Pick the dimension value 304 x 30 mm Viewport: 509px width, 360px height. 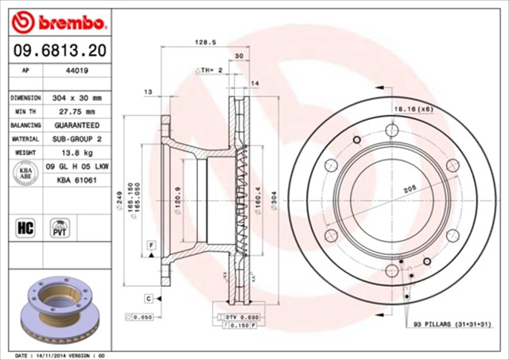76,97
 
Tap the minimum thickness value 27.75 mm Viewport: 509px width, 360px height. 76,111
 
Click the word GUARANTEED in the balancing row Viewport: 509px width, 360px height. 76,126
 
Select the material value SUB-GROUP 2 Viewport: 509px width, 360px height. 76,139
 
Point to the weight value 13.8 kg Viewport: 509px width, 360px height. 76,153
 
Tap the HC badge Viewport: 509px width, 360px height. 25,228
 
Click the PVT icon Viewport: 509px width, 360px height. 59,228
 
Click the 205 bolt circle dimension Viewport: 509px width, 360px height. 410,189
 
